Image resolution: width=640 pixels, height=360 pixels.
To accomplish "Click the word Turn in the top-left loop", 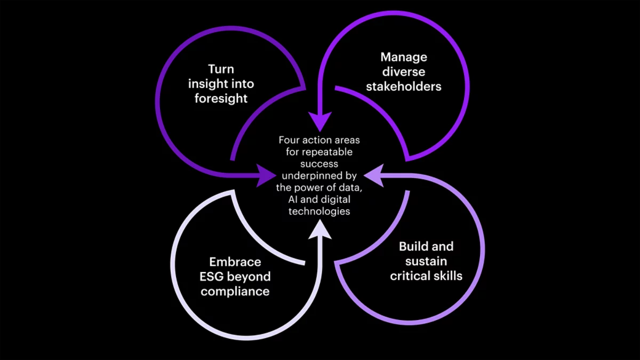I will point(221,69).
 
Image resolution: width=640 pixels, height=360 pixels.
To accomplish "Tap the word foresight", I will point(221,99).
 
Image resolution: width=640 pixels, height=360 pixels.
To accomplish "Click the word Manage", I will point(404,57).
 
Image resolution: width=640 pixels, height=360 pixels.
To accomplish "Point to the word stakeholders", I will point(404,86).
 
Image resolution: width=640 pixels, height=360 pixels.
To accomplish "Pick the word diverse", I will point(404,72).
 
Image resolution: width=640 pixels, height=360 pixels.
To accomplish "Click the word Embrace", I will point(235,262).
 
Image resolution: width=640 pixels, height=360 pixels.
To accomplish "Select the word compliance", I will point(235,291).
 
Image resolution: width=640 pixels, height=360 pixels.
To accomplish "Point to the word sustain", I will point(426,261).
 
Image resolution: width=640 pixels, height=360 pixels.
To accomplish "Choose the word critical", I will point(409,276).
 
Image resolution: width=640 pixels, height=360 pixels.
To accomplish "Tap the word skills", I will point(447,276).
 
